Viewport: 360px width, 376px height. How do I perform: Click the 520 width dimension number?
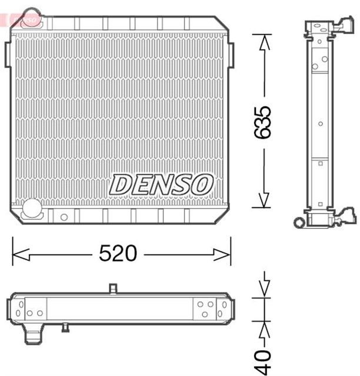point(118,254)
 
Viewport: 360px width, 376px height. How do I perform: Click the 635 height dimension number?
point(262,122)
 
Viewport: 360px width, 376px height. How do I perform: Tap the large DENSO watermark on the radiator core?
point(161,184)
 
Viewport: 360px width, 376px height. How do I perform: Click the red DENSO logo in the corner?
point(22,19)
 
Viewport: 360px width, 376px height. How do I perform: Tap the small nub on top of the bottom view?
point(114,287)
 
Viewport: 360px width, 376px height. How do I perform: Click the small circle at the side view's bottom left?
point(298,222)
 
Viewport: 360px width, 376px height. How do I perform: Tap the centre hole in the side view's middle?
point(320,123)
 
